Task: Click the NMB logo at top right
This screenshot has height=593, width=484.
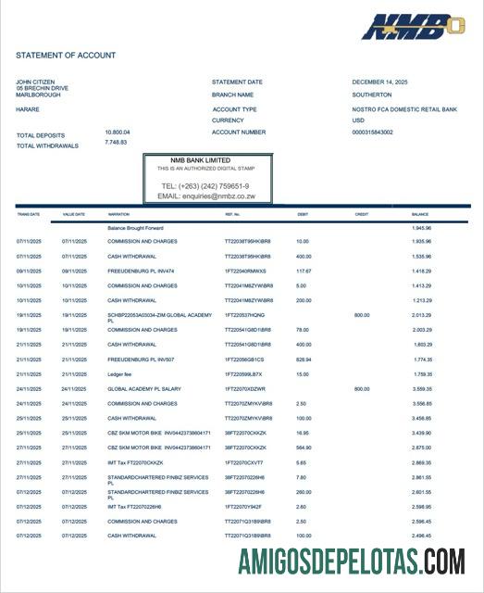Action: (x=412, y=27)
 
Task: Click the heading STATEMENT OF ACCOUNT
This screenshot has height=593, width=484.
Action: (x=66, y=56)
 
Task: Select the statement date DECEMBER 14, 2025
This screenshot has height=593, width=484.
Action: (x=380, y=82)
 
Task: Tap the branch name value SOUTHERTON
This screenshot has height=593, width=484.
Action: (x=372, y=95)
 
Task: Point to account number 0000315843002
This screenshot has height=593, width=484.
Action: (x=373, y=132)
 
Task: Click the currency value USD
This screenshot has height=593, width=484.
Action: (x=359, y=120)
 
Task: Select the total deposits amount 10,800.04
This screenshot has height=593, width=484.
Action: (x=118, y=132)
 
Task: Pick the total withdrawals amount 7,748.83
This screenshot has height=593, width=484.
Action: (x=116, y=142)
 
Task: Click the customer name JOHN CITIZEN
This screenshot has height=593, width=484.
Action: (x=36, y=82)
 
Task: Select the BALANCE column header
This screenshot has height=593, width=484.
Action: (x=421, y=214)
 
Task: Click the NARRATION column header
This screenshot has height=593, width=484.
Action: (x=118, y=214)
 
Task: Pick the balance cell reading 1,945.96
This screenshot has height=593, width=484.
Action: (x=421, y=227)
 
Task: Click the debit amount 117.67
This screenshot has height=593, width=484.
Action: (x=304, y=271)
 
